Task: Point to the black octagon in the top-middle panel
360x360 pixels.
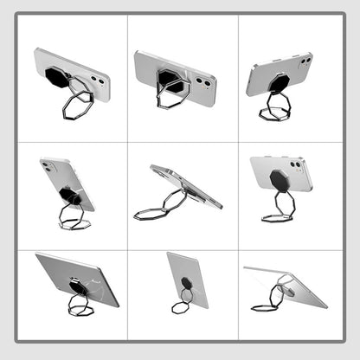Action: (170, 80)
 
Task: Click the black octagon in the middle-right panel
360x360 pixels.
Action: (279, 182)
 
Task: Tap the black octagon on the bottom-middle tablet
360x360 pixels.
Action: (186, 282)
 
